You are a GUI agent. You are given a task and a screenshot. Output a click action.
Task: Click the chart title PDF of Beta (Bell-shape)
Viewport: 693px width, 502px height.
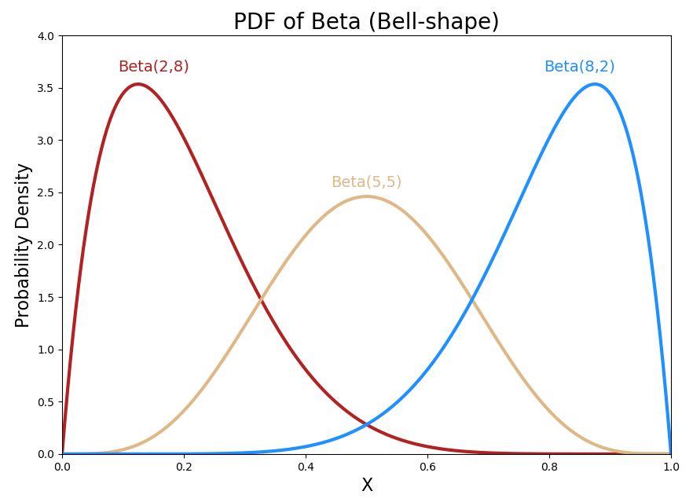click(x=366, y=22)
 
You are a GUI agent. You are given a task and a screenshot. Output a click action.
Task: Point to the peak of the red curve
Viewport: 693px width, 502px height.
click(x=138, y=84)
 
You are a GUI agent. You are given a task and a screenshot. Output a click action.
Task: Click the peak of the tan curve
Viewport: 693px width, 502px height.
click(x=367, y=196)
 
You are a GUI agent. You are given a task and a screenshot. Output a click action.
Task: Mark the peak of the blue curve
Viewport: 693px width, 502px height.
click(x=595, y=84)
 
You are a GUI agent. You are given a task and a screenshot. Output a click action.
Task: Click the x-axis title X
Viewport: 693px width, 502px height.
click(x=367, y=486)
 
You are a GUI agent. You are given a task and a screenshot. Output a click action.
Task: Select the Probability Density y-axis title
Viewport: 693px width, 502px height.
click(x=23, y=245)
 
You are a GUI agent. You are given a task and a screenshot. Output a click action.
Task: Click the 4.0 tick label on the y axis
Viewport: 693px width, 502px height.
click(x=46, y=36)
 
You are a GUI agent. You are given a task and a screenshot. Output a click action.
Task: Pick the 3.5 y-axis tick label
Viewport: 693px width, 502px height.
click(x=46, y=88)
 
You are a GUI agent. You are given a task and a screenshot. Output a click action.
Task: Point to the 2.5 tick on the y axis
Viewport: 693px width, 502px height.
click(x=46, y=192)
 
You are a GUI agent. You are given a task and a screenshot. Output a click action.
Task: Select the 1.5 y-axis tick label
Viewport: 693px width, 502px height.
click(x=46, y=298)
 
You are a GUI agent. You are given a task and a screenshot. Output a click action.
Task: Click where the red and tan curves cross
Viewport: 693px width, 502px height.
click(x=262, y=299)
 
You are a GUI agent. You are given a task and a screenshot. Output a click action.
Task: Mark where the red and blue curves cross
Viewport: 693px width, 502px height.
click(x=367, y=425)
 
